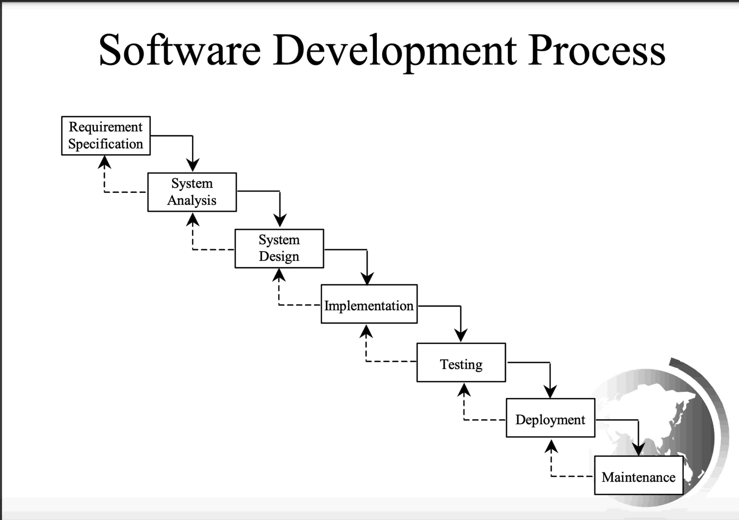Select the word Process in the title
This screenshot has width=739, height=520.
596,51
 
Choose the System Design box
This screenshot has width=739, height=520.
279,248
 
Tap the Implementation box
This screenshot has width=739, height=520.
369,304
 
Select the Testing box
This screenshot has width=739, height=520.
461,363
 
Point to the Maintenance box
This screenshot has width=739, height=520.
639,475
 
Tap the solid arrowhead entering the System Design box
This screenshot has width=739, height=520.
280,220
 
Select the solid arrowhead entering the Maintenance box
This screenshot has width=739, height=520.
638,449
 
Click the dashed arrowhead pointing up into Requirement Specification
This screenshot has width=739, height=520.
104,162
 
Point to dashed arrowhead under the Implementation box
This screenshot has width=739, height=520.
366,332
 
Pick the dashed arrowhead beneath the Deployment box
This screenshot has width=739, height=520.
551,446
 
